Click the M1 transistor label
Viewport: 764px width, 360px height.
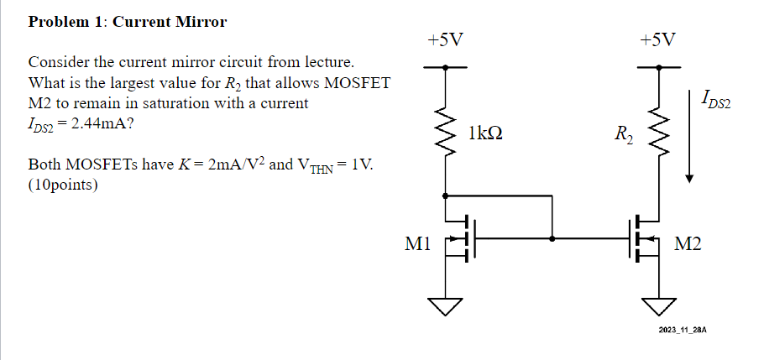[x=418, y=244]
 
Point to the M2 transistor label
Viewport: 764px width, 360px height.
[x=688, y=244]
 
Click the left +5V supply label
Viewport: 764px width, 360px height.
[x=444, y=39]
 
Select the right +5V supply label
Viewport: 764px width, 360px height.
[x=656, y=39]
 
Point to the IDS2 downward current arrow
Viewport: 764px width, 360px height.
[x=689, y=134]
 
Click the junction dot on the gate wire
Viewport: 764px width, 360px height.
[x=552, y=239]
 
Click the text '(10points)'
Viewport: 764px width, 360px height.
[x=63, y=185]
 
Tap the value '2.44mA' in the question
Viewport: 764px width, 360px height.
[x=99, y=124]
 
